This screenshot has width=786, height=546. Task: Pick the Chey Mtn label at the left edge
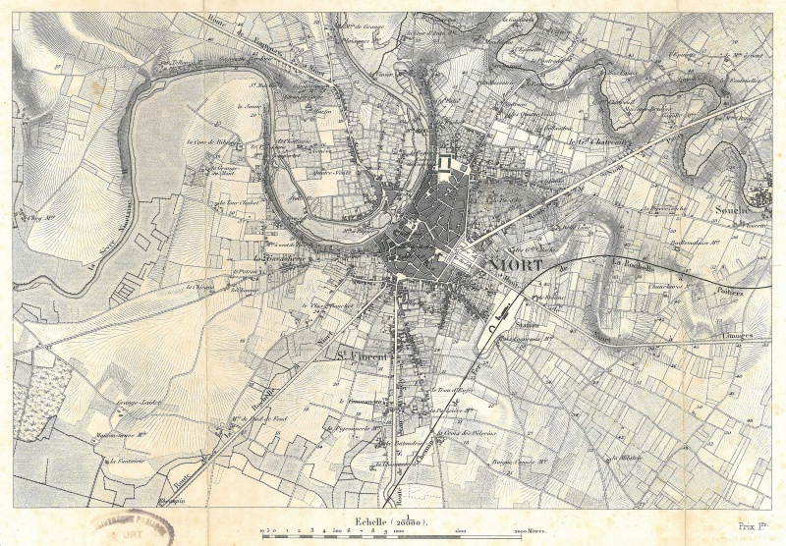point(42,217)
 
